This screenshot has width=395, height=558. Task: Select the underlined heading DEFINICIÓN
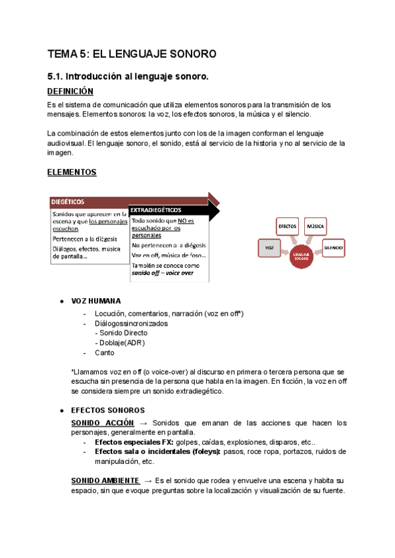click(70, 91)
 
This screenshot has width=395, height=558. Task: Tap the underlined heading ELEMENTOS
click(72, 172)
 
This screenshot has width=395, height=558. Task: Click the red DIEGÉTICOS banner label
click(68, 201)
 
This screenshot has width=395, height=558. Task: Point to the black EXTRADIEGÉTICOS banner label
click(156, 210)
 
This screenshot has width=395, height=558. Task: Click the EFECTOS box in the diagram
click(287, 226)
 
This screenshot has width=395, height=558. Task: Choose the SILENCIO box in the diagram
click(334, 247)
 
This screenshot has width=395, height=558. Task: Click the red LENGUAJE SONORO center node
click(302, 255)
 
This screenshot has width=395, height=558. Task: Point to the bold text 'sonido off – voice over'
click(163, 272)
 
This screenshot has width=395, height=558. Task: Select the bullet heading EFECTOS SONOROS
click(107, 410)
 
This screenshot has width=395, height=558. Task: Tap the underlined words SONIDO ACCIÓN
click(102, 422)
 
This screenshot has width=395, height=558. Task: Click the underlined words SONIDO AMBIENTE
click(105, 481)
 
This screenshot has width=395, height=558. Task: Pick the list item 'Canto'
click(105, 353)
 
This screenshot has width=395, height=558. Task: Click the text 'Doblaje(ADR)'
click(120, 343)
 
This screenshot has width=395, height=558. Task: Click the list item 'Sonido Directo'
click(124, 333)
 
